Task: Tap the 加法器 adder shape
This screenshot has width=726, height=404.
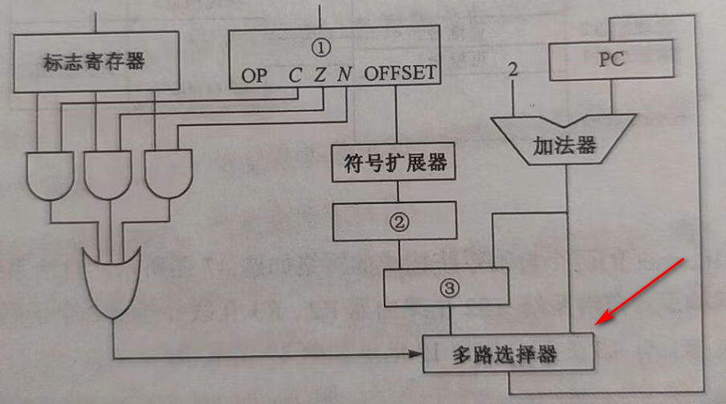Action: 565,145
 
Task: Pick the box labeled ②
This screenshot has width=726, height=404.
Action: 394,221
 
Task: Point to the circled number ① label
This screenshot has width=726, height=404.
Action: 320,49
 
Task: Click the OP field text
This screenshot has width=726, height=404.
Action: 255,75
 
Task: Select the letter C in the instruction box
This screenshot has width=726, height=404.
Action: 296,75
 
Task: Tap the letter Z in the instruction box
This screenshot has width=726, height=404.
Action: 320,75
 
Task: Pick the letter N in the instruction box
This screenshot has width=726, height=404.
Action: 344,75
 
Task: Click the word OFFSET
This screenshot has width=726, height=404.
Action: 401,75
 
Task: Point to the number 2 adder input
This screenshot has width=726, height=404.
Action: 513,72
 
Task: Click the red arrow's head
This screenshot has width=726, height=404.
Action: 599,321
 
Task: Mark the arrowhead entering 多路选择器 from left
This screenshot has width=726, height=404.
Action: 419,354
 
